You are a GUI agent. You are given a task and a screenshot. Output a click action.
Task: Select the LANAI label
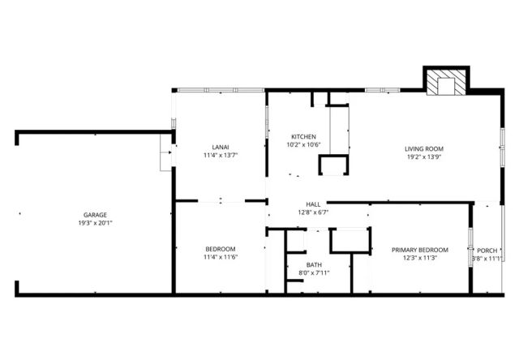pos(220,147)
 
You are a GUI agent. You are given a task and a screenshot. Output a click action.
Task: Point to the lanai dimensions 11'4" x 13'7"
pos(220,156)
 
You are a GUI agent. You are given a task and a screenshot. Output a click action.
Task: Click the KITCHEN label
pos(304,136)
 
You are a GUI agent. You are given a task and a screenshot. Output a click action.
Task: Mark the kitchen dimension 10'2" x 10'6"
pos(304,145)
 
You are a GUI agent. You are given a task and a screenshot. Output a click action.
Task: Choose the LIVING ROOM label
pos(424,148)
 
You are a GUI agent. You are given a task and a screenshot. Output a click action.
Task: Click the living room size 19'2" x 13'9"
pos(424,157)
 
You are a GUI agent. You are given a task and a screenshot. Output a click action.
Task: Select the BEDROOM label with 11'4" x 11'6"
pos(220,248)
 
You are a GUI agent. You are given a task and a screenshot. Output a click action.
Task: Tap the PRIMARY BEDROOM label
pos(419,250)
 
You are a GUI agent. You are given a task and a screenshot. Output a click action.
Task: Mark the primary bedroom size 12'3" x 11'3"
pos(419,259)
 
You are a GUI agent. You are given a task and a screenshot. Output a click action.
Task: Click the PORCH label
pos(487,251)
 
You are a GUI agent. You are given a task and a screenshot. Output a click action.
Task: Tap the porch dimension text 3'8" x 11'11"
pos(487,259)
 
